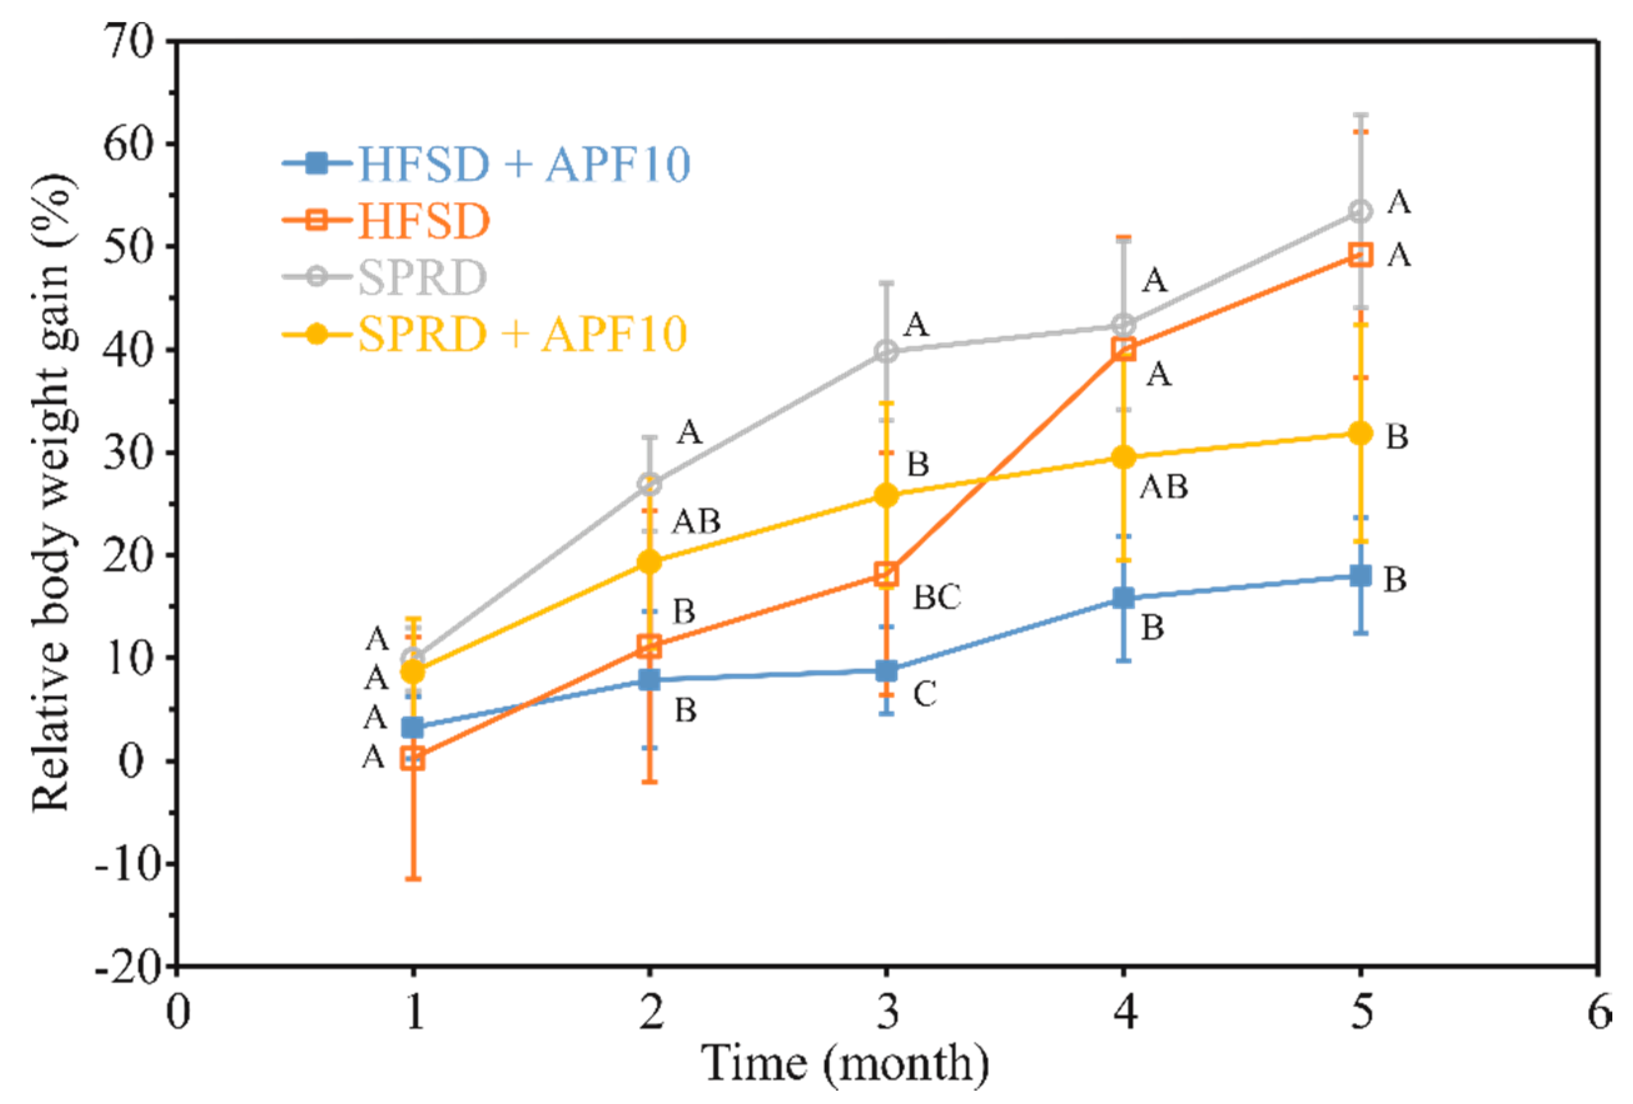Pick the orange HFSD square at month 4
tap(1124, 349)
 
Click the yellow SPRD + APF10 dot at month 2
tap(650, 561)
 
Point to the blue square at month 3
tap(888, 671)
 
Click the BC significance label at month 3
tap(936, 597)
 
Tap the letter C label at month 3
tap(924, 694)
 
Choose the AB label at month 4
tap(1164, 487)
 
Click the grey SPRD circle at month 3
tap(888, 351)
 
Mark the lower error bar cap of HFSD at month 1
tap(413, 879)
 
